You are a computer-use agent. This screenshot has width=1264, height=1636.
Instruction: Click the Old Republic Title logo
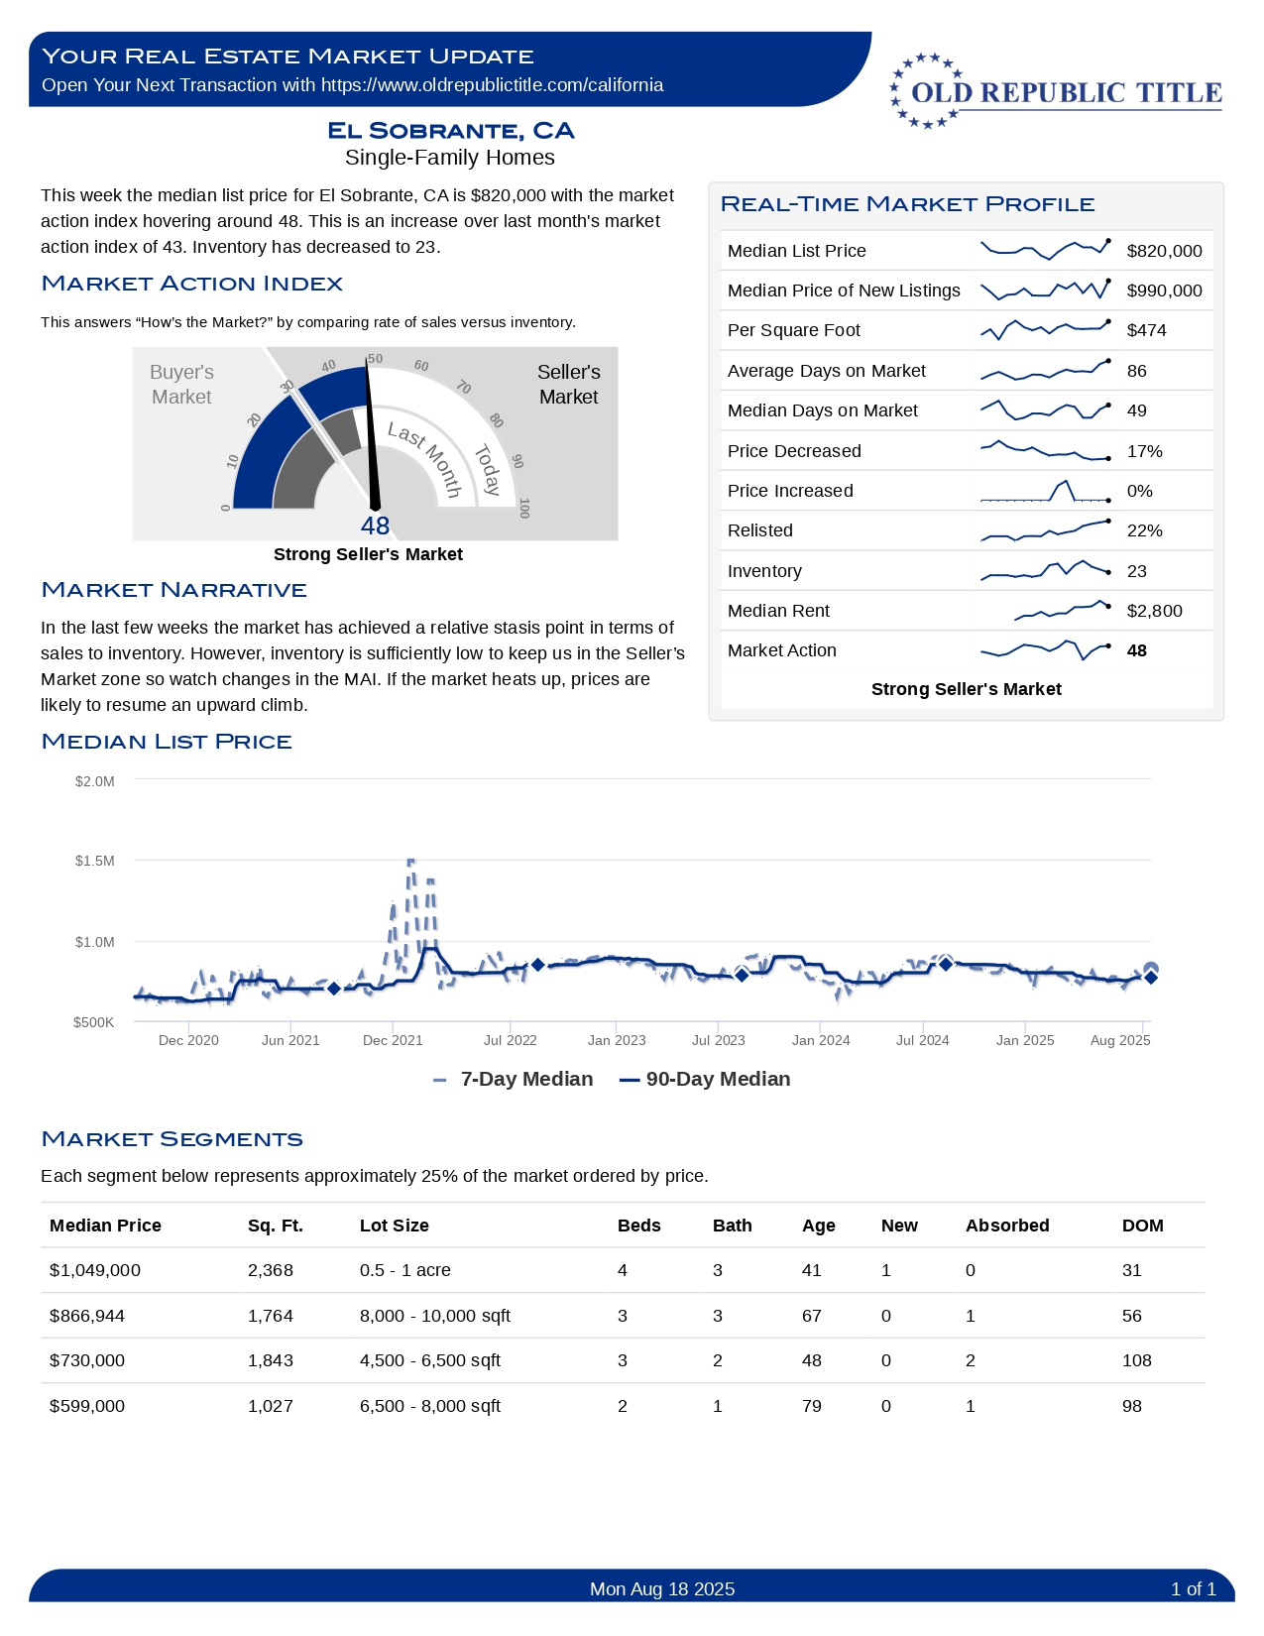point(1055,91)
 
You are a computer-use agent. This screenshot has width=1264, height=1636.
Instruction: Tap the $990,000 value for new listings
point(1164,291)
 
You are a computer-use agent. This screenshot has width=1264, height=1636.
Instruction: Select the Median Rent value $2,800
point(1154,611)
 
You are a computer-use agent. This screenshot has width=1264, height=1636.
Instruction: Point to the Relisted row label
point(759,530)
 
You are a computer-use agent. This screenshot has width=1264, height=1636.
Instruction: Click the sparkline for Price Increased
point(1044,491)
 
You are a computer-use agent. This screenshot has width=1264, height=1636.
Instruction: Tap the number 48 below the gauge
point(375,526)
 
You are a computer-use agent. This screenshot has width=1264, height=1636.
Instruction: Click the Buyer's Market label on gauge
point(181,384)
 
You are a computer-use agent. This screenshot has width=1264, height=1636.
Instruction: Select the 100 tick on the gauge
point(524,508)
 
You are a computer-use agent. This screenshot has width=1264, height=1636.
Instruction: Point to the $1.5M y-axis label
point(94,861)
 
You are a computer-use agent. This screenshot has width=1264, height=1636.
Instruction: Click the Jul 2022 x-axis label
point(510,1040)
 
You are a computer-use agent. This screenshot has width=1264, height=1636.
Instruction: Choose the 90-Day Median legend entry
point(705,1079)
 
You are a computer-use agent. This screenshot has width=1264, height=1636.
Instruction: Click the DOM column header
point(1142,1226)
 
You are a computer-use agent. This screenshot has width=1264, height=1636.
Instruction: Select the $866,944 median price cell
point(87,1316)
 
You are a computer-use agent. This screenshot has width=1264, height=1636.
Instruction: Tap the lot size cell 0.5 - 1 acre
point(404,1270)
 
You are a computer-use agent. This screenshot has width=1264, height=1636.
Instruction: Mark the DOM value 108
point(1136,1360)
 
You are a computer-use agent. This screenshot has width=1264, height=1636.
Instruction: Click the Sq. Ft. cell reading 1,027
point(270,1406)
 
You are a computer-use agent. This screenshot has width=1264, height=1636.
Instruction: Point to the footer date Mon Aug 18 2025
point(662,1589)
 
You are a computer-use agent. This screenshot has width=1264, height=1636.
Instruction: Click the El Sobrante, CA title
point(450,131)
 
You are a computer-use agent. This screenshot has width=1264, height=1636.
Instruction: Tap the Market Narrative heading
point(173,590)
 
